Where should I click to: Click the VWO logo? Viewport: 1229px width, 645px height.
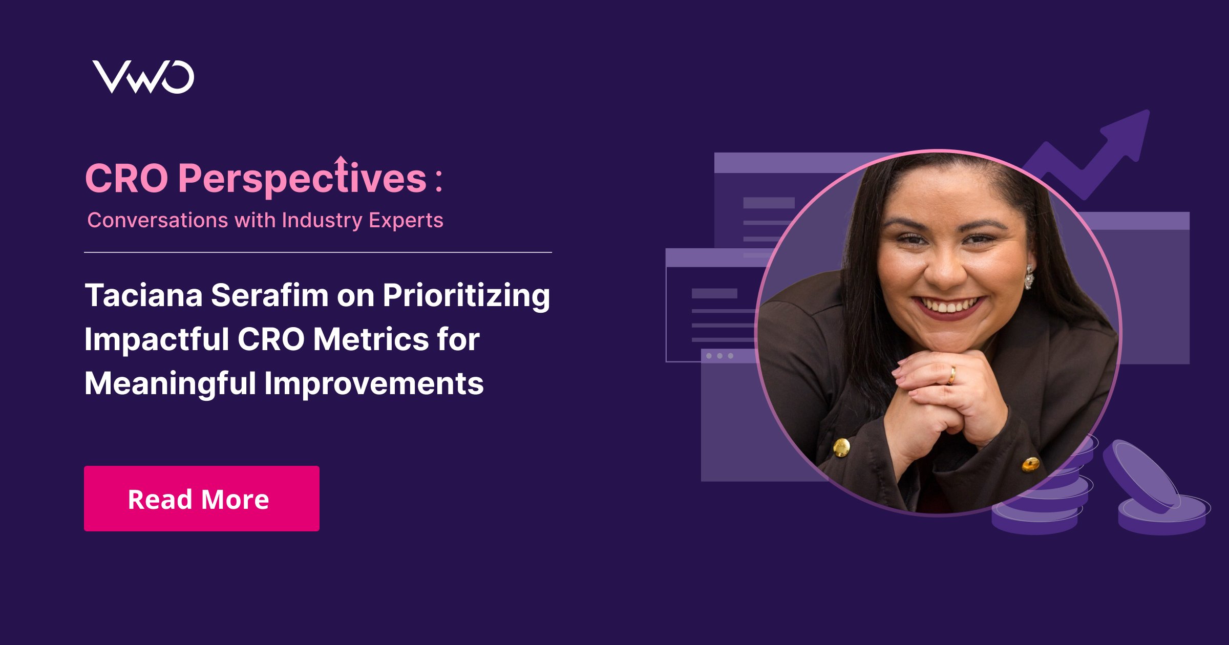point(143,77)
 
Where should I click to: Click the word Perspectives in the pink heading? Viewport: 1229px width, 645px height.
point(302,179)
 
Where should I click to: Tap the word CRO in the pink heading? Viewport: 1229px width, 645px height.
point(126,179)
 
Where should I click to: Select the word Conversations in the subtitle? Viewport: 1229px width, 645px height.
point(157,220)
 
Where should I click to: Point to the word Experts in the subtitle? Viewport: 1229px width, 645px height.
point(406,220)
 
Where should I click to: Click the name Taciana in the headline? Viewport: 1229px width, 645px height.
point(143,295)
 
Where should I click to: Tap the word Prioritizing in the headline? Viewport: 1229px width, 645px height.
point(466,296)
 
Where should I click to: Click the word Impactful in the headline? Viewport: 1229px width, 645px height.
point(157,340)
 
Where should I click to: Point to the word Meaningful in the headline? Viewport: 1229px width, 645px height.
point(170,384)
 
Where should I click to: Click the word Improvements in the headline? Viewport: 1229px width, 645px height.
point(374,384)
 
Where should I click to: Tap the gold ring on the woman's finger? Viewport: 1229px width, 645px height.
point(952,375)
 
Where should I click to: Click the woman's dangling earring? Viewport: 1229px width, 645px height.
point(1029,277)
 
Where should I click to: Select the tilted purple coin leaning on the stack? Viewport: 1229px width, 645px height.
point(1141,476)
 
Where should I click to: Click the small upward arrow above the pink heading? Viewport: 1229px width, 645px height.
point(341,160)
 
